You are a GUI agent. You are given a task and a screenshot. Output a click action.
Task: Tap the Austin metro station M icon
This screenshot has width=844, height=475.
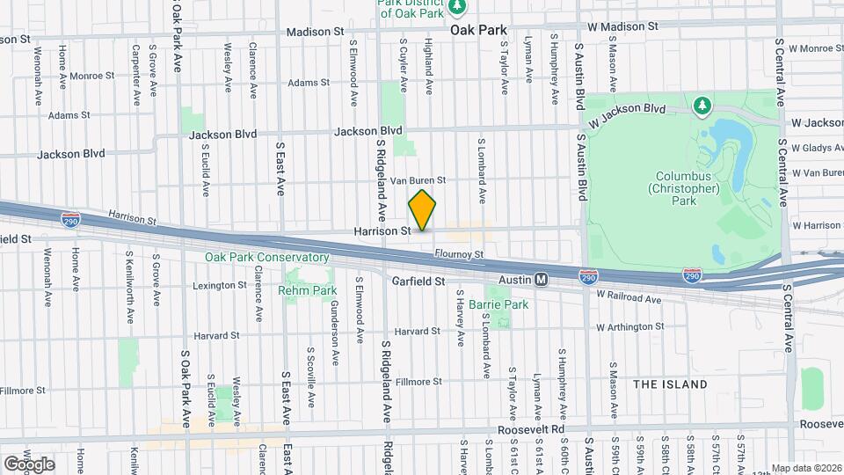pyautogui.click(x=542, y=279)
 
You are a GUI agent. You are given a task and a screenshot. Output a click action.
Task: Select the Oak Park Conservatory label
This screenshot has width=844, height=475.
pyautogui.click(x=266, y=258)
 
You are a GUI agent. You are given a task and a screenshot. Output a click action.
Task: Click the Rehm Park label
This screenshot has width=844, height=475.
pyautogui.click(x=308, y=289)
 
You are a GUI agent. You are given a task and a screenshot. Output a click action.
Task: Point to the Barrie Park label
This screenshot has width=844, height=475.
pyautogui.click(x=498, y=304)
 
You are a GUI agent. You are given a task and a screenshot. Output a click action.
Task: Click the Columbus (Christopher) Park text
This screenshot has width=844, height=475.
pyautogui.click(x=683, y=187)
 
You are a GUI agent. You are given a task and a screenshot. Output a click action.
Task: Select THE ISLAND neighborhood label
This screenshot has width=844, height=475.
pyautogui.click(x=670, y=384)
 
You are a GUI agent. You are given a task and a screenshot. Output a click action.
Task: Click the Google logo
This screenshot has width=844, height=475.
pyautogui.click(x=29, y=464)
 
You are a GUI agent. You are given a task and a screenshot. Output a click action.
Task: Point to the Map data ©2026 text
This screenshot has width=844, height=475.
pyautogui.click(x=805, y=468)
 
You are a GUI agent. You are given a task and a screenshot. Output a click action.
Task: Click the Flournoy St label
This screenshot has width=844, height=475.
pyautogui.click(x=459, y=255)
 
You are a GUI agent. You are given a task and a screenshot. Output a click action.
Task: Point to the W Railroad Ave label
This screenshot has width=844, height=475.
pyautogui.click(x=629, y=299)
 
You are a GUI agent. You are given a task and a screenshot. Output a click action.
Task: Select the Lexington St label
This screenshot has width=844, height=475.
pyautogui.click(x=219, y=285)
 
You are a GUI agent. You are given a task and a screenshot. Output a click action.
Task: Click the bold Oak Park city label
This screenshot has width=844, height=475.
pyautogui.click(x=479, y=29)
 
